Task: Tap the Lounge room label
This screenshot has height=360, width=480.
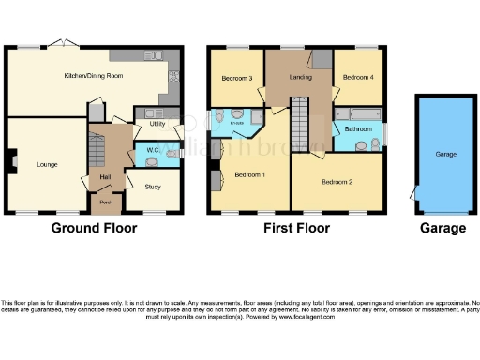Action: pos(47,164)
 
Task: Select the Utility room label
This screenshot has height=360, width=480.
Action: pos(156,124)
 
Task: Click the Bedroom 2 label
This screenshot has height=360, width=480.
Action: pos(337,181)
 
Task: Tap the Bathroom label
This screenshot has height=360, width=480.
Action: pos(358,128)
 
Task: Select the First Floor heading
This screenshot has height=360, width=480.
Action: pos(296,228)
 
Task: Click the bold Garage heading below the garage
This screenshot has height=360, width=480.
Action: pos(443,228)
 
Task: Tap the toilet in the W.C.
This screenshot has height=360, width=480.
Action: pos(152,161)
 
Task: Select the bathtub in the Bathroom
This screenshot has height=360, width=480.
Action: pos(357,112)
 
